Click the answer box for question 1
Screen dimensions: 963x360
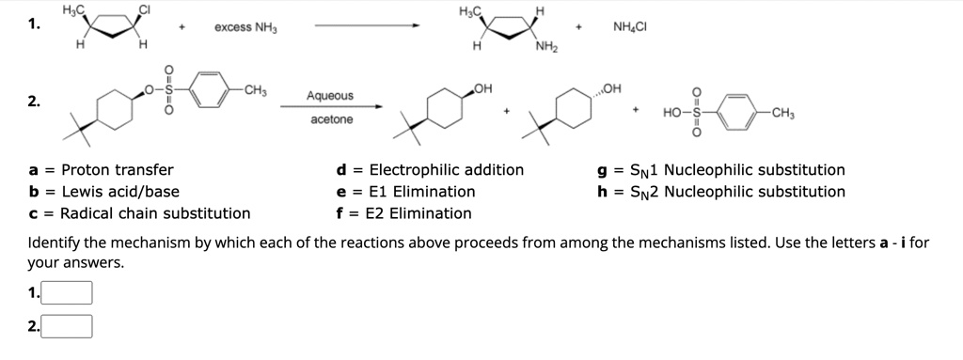[x=67, y=292]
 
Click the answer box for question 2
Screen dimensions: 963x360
[x=67, y=326]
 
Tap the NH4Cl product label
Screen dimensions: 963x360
[x=629, y=26]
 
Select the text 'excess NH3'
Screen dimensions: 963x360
[x=245, y=27]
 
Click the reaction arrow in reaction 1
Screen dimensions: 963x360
[x=367, y=25]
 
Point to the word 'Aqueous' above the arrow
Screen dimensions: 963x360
[x=330, y=96]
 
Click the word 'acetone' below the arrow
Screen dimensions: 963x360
[x=332, y=119]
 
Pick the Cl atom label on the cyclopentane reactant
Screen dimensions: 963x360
[x=145, y=9]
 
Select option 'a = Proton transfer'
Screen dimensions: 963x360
[x=102, y=169]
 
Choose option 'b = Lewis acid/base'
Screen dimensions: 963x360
[x=103, y=192]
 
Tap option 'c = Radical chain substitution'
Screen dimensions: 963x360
[x=139, y=213]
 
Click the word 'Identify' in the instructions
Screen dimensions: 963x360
[x=54, y=243]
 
